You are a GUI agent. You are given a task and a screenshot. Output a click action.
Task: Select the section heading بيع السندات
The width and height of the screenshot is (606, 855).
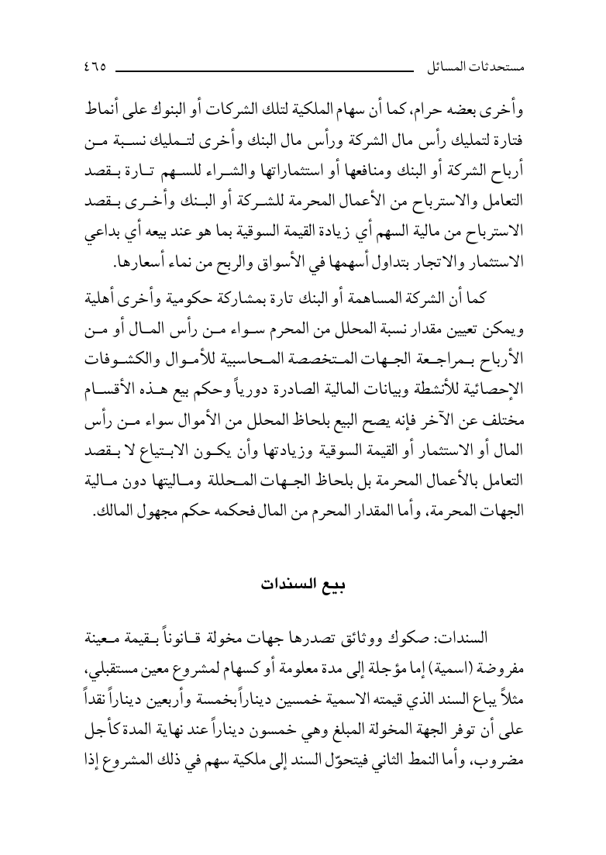[x=302, y=584]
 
